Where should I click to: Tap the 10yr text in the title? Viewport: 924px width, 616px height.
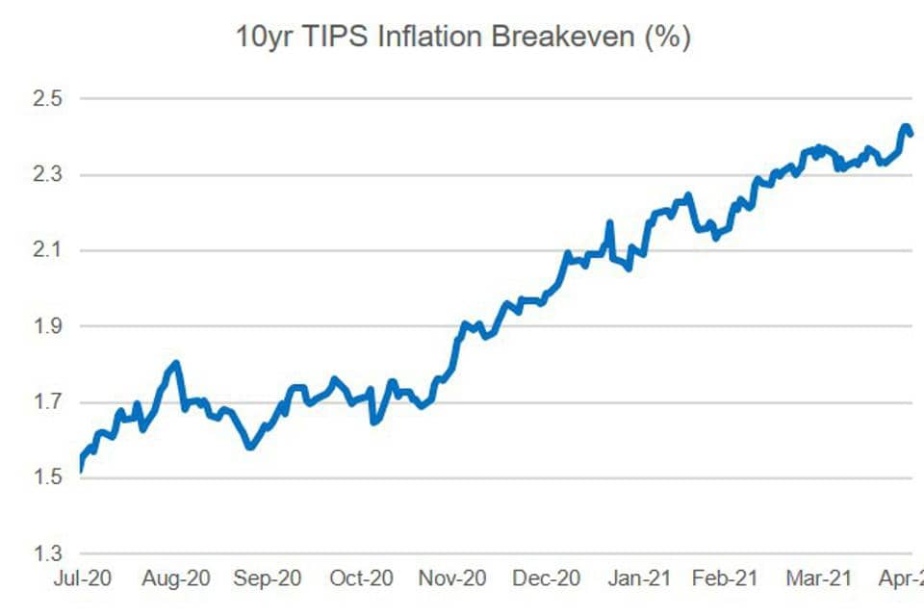point(265,38)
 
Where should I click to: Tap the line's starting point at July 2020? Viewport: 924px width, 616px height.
point(80,470)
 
